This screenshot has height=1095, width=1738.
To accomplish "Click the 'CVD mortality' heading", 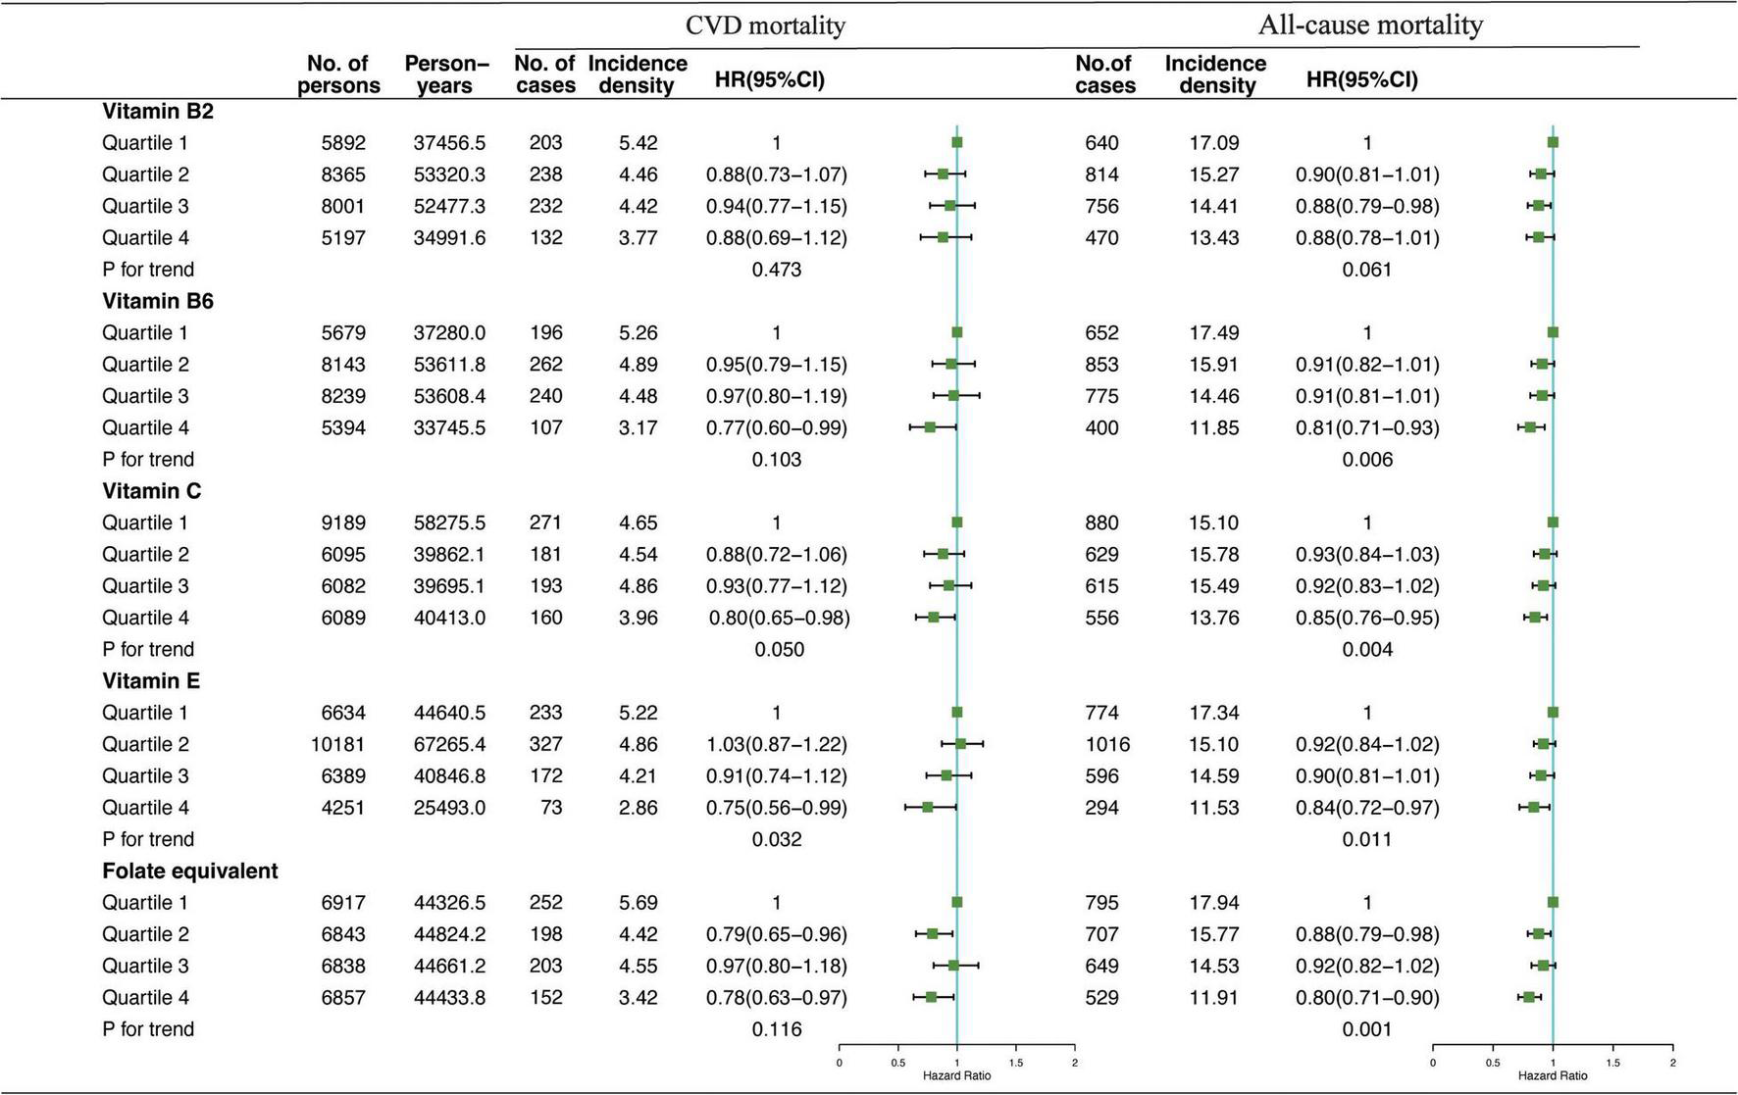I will click(765, 25).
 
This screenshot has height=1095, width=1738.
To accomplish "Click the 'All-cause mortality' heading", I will click(1369, 25).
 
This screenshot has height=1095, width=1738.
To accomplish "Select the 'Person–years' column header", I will click(446, 75).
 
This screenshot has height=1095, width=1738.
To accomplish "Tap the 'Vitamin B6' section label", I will click(158, 301).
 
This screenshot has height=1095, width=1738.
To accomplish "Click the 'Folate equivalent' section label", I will click(189, 871).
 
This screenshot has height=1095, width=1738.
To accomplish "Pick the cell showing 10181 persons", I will click(338, 744).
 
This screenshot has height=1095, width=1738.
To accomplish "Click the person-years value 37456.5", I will click(449, 143).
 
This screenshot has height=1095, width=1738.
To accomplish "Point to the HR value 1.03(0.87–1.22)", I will click(776, 744).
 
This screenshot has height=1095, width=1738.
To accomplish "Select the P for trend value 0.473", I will click(776, 270).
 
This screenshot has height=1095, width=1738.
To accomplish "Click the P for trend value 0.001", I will click(1367, 1029).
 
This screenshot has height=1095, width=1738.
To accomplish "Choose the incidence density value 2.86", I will click(638, 808).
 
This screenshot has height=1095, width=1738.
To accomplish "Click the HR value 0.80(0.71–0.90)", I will click(1367, 997).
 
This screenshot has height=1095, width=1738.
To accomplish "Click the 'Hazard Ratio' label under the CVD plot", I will click(956, 1075).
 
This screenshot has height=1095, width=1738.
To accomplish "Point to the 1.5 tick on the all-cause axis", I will click(1613, 1063).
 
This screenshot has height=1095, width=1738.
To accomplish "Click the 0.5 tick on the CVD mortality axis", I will click(897, 1063).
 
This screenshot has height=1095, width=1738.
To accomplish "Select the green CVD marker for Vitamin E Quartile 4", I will click(927, 807).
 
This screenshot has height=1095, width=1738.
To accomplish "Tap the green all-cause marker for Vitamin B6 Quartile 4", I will click(1529, 427).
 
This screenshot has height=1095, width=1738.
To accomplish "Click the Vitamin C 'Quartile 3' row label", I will click(145, 586).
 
